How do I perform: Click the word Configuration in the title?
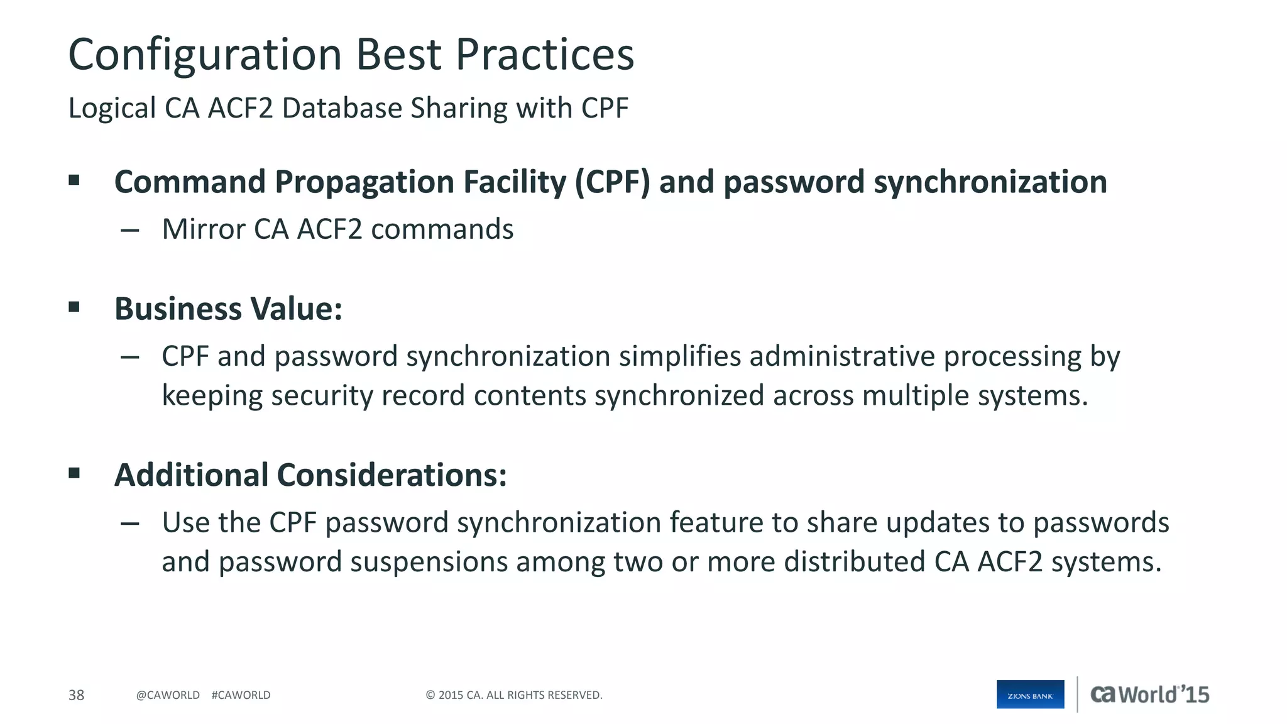click(205, 55)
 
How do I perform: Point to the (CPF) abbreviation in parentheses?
click(613, 182)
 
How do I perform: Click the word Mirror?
click(203, 229)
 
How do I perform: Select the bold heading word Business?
click(178, 309)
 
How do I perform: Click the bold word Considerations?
click(392, 475)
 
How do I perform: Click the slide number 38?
click(76, 695)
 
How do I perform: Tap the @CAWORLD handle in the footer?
click(168, 695)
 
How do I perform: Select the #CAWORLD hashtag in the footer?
click(241, 695)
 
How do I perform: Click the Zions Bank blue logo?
click(1030, 694)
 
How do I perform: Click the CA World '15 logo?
click(1149, 694)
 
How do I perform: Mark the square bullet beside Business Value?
click(74, 307)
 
